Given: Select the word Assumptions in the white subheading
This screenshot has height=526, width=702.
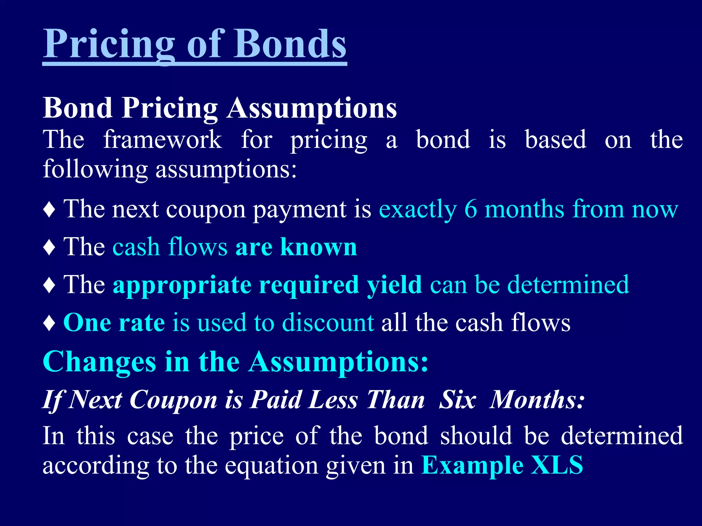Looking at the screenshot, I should pos(312,108).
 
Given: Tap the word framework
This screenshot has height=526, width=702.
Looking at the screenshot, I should pos(162,140).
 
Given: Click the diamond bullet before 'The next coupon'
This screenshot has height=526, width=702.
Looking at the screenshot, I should pos(50,210).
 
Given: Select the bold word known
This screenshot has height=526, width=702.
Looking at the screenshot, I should pos(319,247).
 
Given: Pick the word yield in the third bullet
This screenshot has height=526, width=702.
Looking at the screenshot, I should pos(394,285).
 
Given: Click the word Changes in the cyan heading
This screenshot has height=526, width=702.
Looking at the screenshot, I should pos(99,362).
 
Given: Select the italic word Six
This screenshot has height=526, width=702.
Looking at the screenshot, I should pos(458,400).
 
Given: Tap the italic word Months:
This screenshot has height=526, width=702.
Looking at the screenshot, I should pos(537,400).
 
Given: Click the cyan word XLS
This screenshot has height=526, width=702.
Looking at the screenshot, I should pos(557,465).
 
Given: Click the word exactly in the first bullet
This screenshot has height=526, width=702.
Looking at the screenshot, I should pos(418,210).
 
